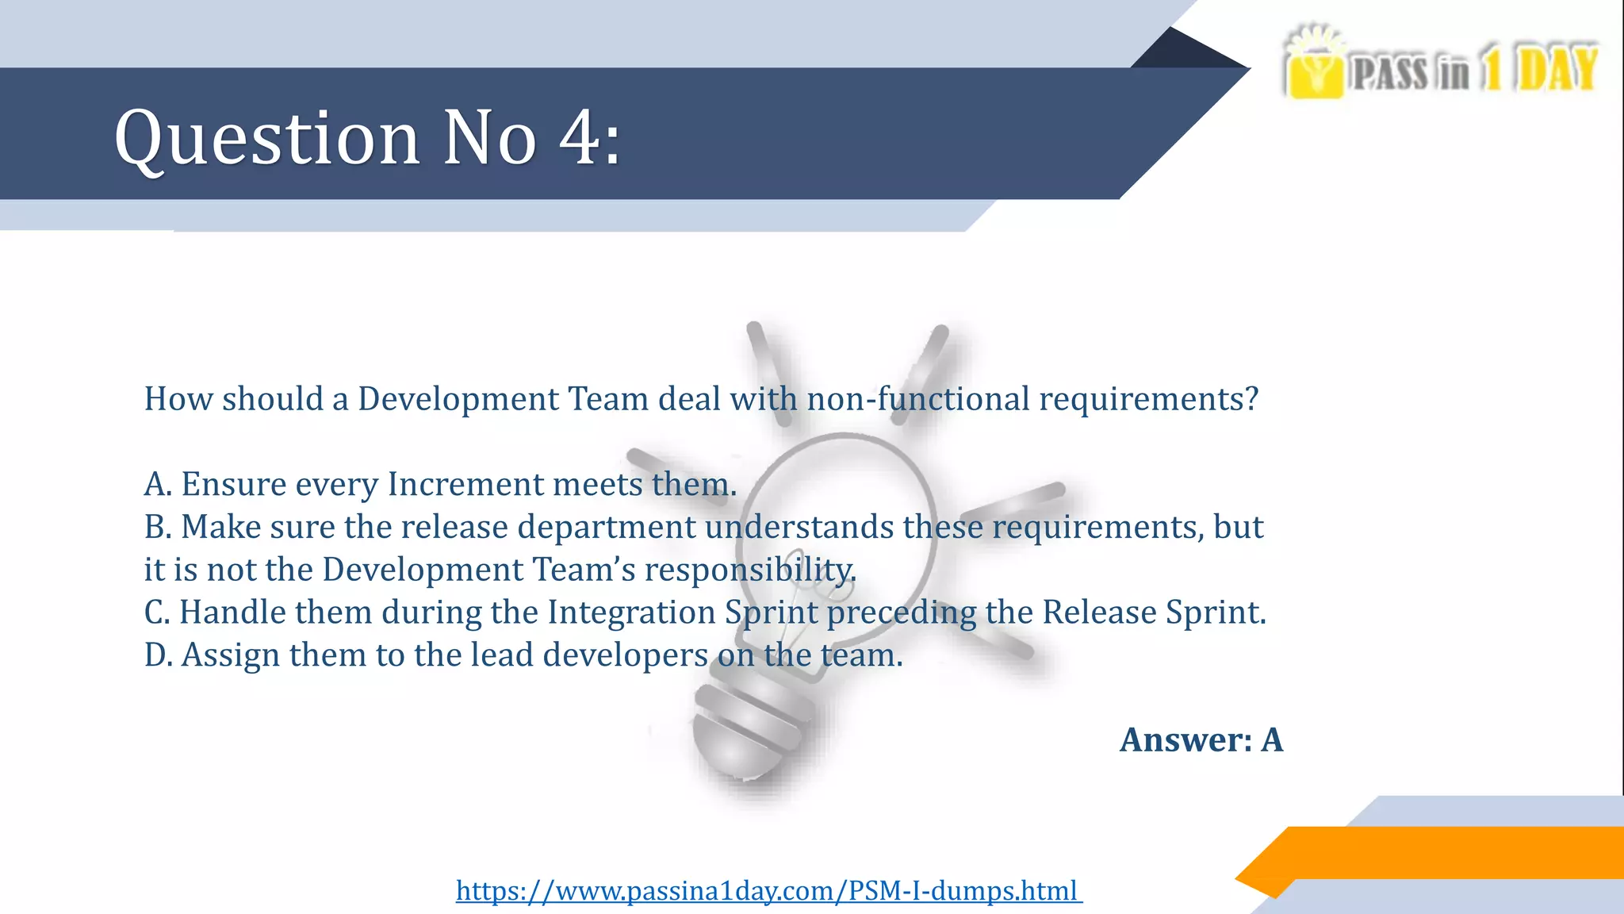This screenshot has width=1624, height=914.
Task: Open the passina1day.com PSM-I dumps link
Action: (x=768, y=890)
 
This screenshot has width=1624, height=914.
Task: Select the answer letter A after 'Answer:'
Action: (x=1272, y=739)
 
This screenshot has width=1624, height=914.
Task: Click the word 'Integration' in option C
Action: (x=631, y=613)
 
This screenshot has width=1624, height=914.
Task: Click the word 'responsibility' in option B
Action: (x=749, y=570)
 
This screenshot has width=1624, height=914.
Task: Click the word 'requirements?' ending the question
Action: (x=1148, y=399)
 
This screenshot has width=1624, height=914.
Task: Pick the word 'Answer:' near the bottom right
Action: (x=1185, y=739)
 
